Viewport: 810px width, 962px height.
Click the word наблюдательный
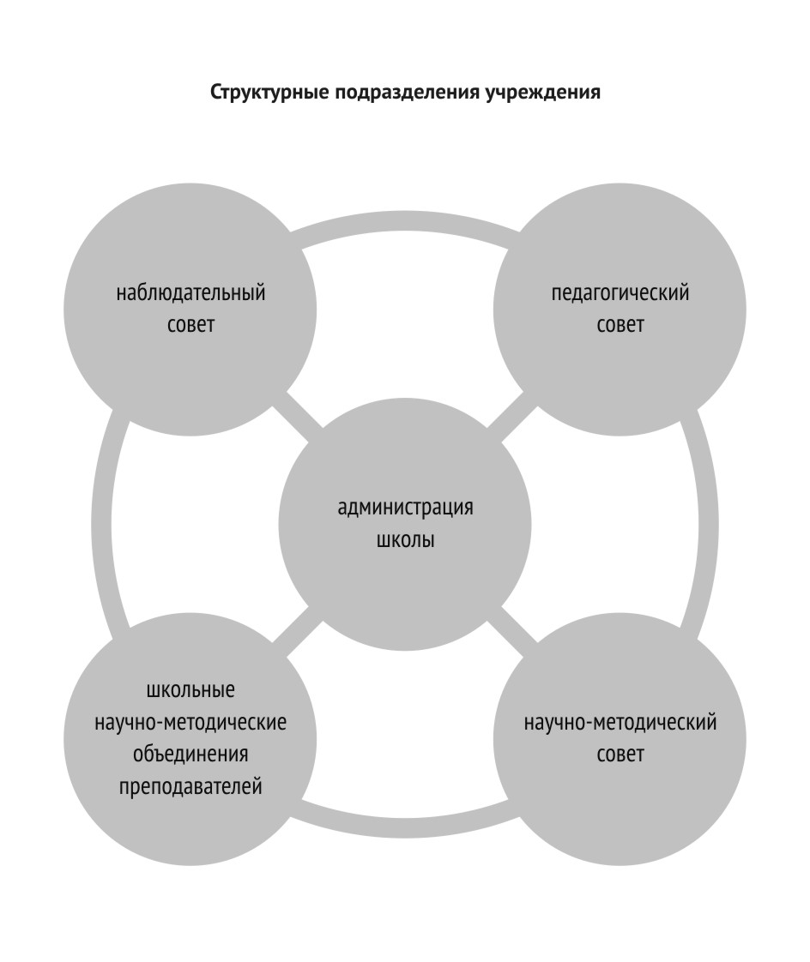(191, 293)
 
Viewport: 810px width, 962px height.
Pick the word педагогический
(620, 293)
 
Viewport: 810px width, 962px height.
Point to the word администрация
(406, 508)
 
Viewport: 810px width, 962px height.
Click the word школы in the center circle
(406, 542)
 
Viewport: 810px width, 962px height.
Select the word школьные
(190, 689)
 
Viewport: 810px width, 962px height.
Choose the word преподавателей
(190, 785)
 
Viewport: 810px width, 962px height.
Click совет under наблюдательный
(191, 326)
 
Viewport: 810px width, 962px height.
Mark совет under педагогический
(620, 326)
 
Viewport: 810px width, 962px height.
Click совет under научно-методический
(620, 755)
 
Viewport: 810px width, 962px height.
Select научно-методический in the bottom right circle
(620, 722)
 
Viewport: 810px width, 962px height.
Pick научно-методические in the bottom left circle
(190, 722)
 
